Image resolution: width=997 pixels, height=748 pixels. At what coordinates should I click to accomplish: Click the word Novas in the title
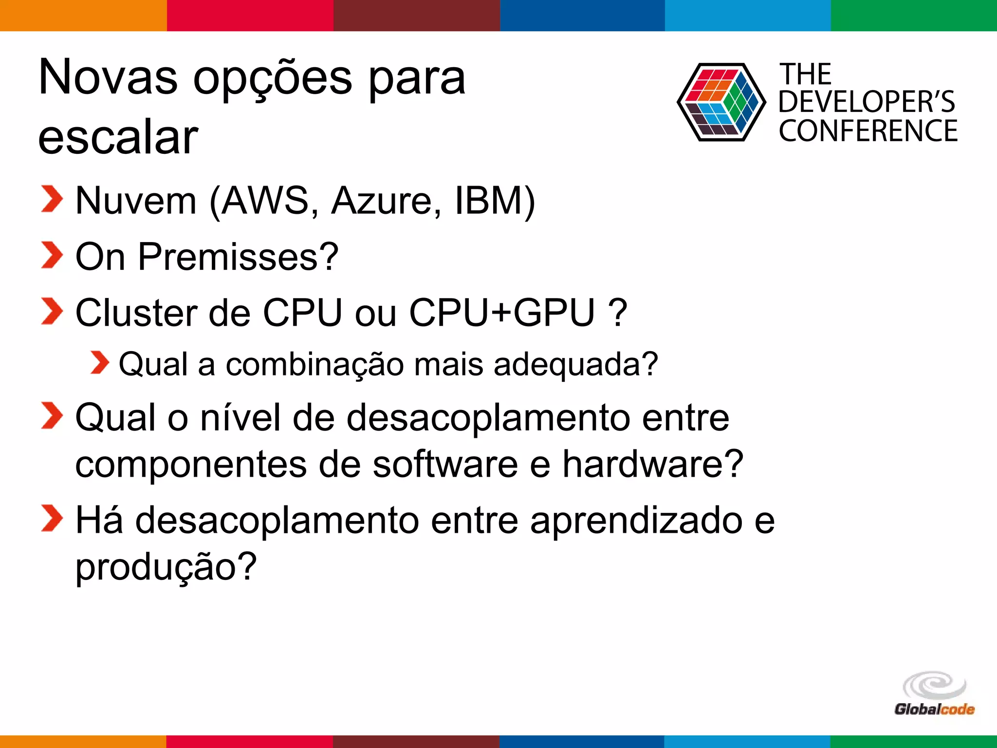coord(108,78)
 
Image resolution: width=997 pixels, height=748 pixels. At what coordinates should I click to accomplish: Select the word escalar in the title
coord(118,137)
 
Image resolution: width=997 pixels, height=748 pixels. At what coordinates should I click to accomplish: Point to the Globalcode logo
coord(934,694)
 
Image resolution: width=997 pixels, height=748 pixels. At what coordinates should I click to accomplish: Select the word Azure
coord(386,201)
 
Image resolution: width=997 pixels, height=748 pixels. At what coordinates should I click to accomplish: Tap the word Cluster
coord(136,313)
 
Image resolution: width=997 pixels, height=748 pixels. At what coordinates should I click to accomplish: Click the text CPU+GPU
coord(502,313)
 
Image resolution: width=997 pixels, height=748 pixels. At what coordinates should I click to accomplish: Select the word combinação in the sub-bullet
coord(314,364)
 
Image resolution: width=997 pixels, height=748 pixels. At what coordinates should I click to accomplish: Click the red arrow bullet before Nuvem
coord(52,199)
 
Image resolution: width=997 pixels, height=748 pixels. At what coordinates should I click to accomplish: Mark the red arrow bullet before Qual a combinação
coord(100,363)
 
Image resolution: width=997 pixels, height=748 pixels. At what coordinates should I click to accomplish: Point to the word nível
coord(240,418)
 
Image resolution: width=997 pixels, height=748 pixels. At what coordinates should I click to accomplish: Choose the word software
coord(445,464)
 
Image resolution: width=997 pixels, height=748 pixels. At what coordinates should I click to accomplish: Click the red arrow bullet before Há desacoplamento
coord(52,518)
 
